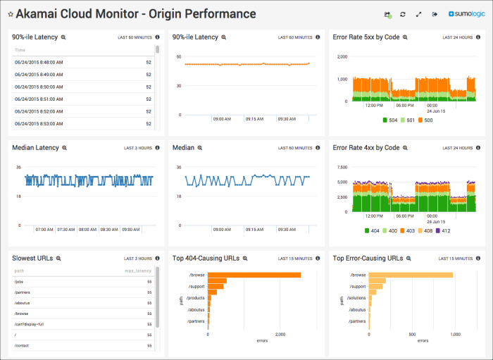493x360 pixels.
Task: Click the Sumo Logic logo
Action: (x=466, y=14)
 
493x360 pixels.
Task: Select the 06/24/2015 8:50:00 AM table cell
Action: (x=39, y=87)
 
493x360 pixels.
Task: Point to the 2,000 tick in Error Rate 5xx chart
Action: (x=341, y=56)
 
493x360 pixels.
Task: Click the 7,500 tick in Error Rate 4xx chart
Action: (x=341, y=168)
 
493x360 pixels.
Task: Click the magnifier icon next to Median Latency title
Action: (x=64, y=148)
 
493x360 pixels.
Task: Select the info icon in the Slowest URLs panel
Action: (x=157, y=259)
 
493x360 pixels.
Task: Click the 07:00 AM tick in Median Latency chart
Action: (x=45, y=230)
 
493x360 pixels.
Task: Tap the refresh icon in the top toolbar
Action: (x=403, y=14)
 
